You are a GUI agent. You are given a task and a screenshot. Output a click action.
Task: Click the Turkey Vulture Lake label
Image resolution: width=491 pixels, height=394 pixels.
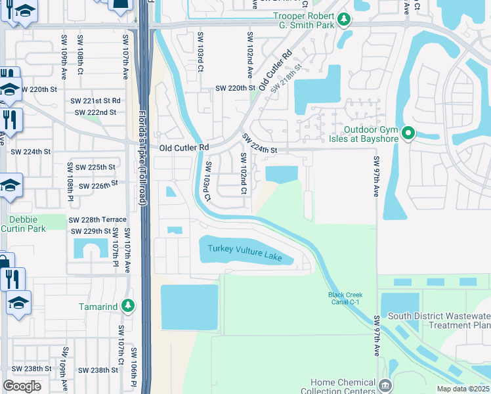tap(245, 253)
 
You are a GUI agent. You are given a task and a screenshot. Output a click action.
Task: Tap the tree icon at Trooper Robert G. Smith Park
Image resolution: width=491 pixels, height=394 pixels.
tap(343, 24)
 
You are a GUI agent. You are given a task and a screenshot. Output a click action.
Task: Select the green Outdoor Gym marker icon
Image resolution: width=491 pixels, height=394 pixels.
tap(408, 134)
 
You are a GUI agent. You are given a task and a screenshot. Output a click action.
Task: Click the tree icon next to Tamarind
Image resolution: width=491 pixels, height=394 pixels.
tap(129, 306)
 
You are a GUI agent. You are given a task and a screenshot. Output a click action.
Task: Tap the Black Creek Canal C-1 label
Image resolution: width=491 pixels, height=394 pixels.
tap(345, 298)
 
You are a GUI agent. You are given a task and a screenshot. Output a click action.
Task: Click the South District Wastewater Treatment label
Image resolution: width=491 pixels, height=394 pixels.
tap(438, 320)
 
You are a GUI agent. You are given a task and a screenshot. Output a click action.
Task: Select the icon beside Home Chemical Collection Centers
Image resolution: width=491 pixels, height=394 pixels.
tap(385, 384)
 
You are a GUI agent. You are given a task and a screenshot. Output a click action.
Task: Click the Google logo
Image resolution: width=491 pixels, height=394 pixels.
tap(22, 386)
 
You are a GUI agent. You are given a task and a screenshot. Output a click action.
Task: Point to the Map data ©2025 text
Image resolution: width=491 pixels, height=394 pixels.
tap(463, 389)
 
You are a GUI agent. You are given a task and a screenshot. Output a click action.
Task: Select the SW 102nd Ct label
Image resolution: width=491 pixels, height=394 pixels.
tap(244, 173)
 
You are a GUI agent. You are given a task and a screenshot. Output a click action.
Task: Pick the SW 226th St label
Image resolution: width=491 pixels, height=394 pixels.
tap(98, 186)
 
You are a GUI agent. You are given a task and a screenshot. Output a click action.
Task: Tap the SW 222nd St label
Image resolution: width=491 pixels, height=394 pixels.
tap(95, 112)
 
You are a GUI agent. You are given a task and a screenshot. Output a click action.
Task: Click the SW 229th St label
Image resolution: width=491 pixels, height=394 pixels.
tap(91, 231)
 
